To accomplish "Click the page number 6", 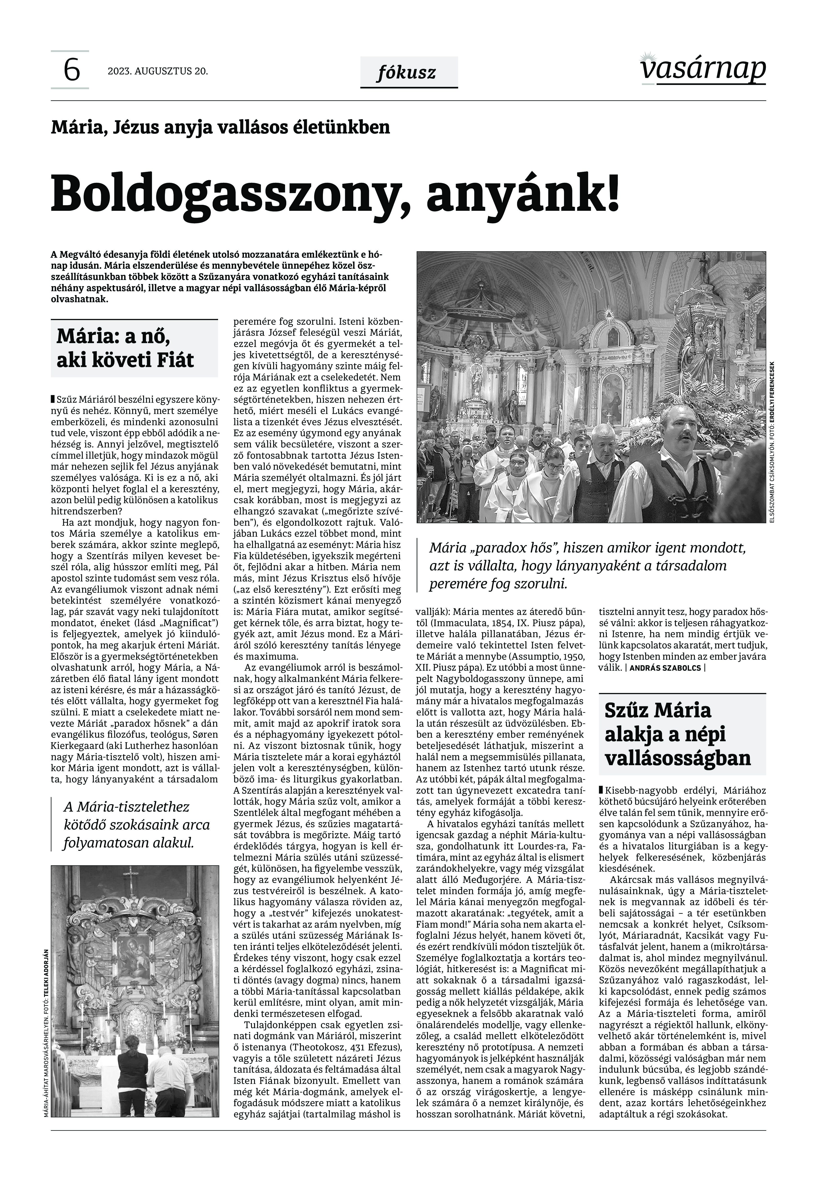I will click(x=72, y=70).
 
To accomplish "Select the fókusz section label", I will click(x=406, y=73).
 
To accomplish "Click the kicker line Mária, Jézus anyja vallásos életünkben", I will click(x=220, y=127).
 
